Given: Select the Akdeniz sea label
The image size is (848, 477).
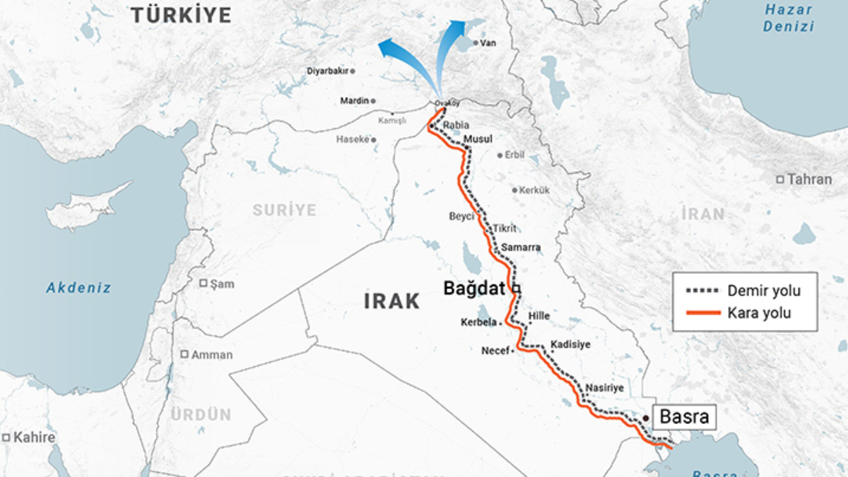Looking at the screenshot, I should point(79,288).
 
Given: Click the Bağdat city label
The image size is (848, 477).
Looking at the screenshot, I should point(474,288).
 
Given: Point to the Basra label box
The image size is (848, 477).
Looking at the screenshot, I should point(683,416).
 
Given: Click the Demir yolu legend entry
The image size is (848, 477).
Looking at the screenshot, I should point(764,291).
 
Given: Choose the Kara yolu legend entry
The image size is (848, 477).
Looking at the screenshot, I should point(759,313).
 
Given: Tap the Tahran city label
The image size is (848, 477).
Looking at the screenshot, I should point(809,179).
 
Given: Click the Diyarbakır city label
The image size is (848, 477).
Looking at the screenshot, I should point(328,71).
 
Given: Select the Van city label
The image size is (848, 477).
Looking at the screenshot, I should point(488,43).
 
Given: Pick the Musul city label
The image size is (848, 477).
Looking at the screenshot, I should point(478,139).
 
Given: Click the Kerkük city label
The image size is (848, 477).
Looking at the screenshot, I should point(534,190).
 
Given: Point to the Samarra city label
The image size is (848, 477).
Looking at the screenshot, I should point(521,247).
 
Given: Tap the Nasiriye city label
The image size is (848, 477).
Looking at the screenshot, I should point(604,388).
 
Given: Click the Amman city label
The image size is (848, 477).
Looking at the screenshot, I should point(212,355).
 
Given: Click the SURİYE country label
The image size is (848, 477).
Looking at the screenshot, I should point(285,210).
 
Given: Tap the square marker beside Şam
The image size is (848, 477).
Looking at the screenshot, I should point(204,283).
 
